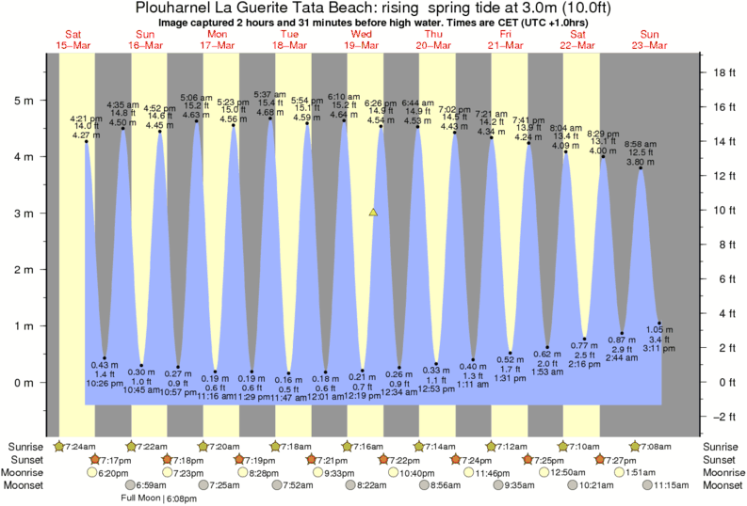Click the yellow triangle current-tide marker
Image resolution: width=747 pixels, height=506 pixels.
pyautogui.click(x=374, y=213)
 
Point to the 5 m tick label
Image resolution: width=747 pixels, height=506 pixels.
pyautogui.click(x=30, y=101)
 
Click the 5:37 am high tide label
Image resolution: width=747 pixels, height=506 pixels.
pyautogui.click(x=270, y=95)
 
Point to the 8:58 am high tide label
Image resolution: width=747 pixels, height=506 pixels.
pyautogui.click(x=641, y=144)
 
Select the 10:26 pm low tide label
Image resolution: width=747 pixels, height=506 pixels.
pyautogui.click(x=105, y=383)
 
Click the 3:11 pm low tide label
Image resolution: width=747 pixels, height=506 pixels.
pyautogui.click(x=658, y=348)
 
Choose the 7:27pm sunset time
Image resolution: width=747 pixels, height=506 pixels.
pyautogui.click(x=623, y=459)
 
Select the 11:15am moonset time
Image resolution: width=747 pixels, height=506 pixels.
pyautogui.click(x=666, y=485)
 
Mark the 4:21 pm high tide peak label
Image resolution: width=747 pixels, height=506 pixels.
pyautogui.click(x=86, y=119)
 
